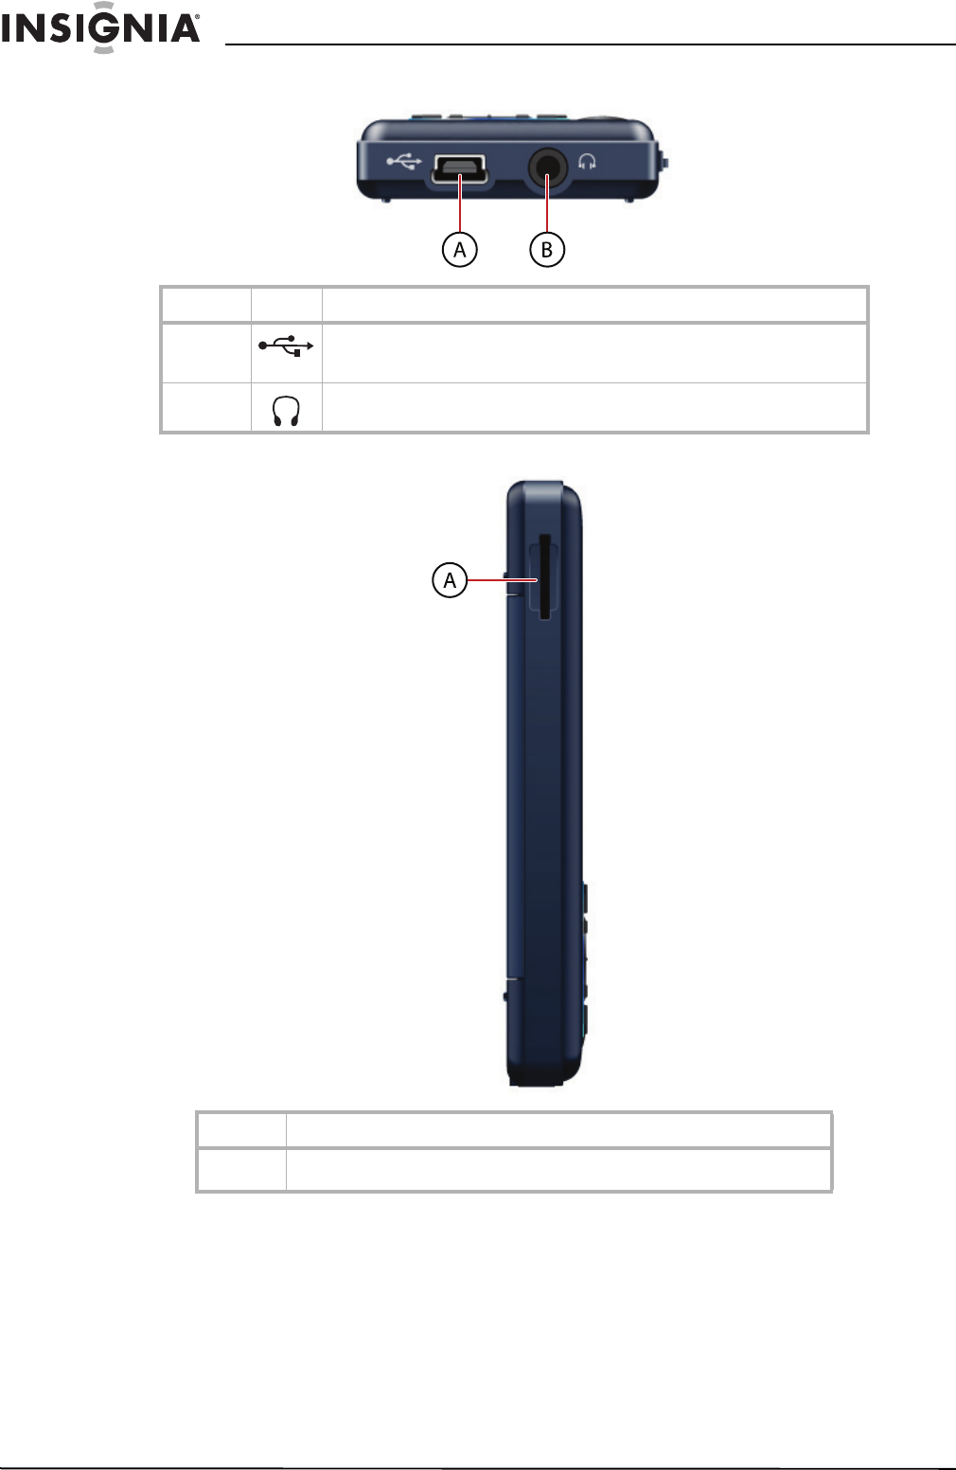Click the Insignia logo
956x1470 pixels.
pyautogui.click(x=99, y=27)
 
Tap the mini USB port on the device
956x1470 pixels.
pyautogui.click(x=459, y=169)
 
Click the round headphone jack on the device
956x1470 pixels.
pyautogui.click(x=548, y=168)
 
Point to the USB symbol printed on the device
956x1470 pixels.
pyautogui.click(x=403, y=161)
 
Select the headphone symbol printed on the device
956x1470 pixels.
pyautogui.click(x=587, y=162)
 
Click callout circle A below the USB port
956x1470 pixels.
pyautogui.click(x=459, y=250)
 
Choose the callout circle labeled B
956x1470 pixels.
pyautogui.click(x=547, y=250)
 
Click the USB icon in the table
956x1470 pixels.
pyautogui.click(x=286, y=345)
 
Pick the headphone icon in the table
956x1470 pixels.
pyautogui.click(x=286, y=412)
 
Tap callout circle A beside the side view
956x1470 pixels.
pyautogui.click(x=450, y=580)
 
